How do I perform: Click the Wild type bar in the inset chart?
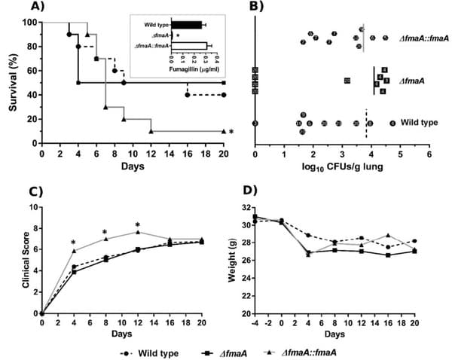click(187, 25)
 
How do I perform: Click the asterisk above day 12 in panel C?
click(138, 224)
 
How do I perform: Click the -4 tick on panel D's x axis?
click(255, 323)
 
